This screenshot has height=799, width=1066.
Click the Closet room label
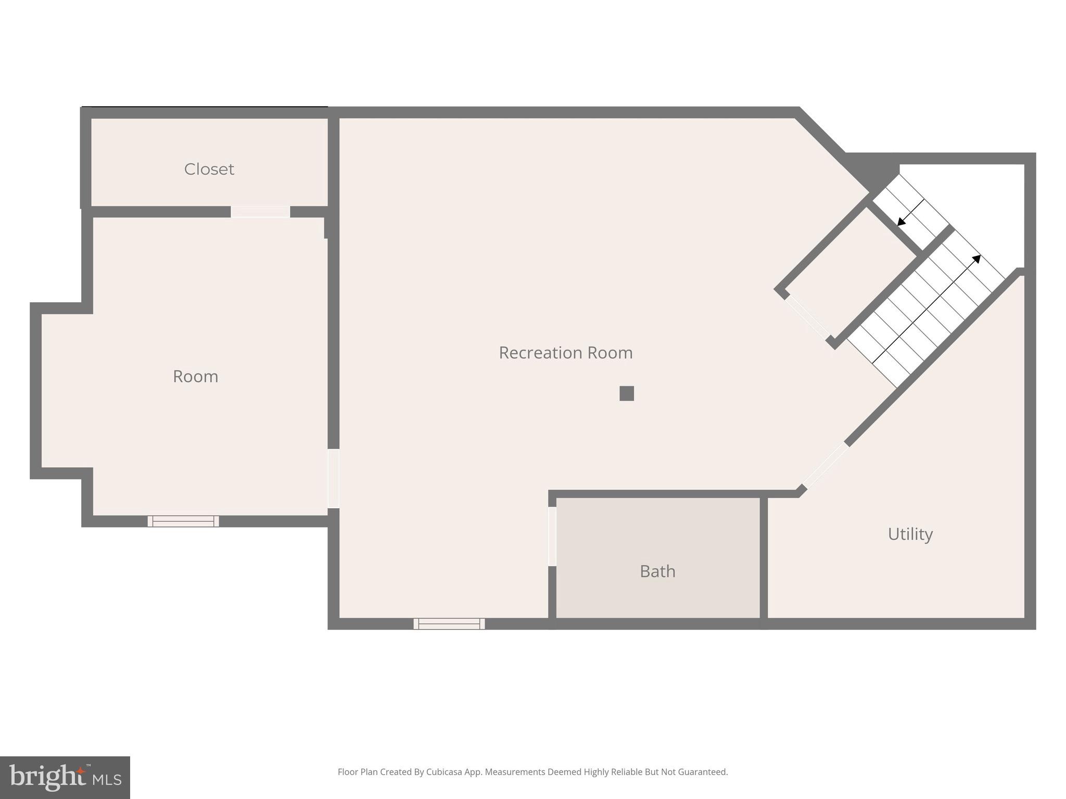tap(209, 169)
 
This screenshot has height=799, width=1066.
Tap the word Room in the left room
tap(195, 376)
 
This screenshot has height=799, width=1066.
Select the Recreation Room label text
tap(565, 353)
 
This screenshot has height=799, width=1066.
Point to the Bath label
tap(657, 571)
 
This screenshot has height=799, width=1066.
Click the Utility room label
tap(910, 534)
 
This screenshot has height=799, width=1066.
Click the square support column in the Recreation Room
tap(627, 393)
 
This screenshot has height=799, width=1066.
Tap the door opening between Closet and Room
tap(260, 212)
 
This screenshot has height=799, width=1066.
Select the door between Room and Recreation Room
tap(334, 479)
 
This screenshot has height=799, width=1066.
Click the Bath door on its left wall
tap(552, 536)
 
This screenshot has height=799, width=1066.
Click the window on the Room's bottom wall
tap(183, 521)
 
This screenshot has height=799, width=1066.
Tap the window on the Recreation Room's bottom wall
tap(449, 623)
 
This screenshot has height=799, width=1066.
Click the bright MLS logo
tap(65, 777)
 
